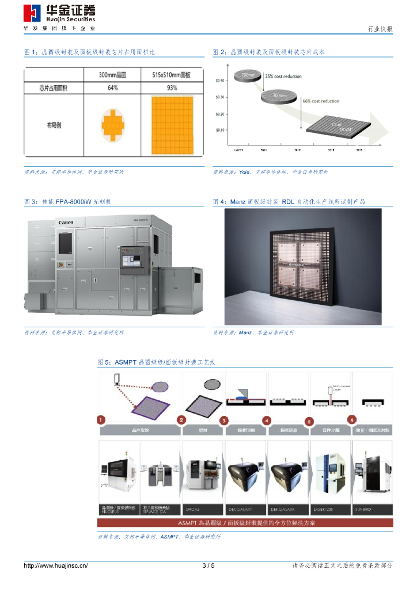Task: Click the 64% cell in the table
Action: [x=113, y=88]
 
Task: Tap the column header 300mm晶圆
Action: [x=113, y=75]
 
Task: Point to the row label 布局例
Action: [x=54, y=124]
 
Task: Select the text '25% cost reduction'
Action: [x=283, y=77]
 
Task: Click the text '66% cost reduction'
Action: [x=321, y=101]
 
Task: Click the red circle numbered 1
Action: [x=101, y=419]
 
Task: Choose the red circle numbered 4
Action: [x=267, y=420]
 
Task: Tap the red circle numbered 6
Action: [x=352, y=419]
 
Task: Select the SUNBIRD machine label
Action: [x=372, y=510]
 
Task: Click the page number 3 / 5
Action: [x=208, y=566]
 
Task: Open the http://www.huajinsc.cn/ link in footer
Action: [x=55, y=566]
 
